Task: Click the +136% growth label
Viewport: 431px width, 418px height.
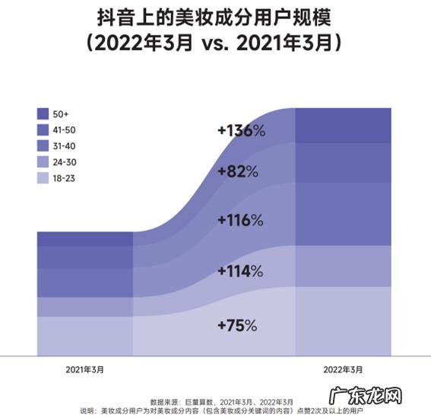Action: [241, 131]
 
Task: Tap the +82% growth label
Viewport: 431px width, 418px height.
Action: [237, 171]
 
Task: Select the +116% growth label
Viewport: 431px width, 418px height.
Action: [239, 221]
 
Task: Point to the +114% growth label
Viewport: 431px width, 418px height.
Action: [239, 271]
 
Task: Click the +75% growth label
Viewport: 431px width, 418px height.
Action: [236, 325]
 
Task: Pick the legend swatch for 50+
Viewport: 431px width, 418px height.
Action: [43, 114]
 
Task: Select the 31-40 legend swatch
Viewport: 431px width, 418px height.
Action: [43, 146]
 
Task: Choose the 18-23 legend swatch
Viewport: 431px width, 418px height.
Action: [43, 178]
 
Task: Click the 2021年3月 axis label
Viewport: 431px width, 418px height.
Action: [84, 369]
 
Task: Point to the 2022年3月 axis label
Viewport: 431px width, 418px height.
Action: [343, 369]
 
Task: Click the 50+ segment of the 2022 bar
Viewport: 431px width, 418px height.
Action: [343, 125]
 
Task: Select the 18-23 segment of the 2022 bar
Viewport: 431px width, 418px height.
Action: [343, 321]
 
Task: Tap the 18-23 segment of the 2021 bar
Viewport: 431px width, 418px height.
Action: [84, 335]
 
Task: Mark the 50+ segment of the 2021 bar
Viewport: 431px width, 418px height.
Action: [84, 239]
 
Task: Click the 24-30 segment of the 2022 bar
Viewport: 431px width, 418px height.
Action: [343, 266]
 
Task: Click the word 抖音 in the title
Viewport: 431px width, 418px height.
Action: [115, 16]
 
